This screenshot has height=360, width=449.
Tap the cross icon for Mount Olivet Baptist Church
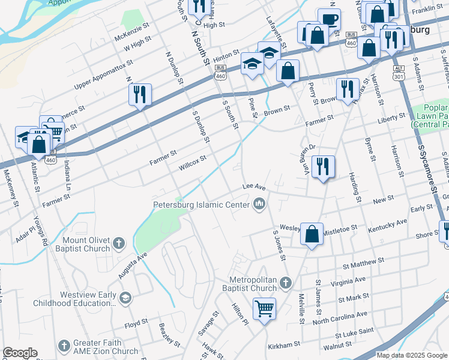(119, 244)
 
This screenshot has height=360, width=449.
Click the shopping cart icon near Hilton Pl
(264, 309)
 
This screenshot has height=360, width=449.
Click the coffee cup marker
(329, 19)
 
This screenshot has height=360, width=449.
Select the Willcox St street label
(191, 163)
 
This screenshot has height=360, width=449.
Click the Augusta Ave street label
(133, 265)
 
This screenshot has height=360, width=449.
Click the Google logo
(20, 353)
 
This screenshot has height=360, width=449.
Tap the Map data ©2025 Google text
(412, 355)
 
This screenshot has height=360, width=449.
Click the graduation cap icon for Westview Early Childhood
(125, 298)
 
